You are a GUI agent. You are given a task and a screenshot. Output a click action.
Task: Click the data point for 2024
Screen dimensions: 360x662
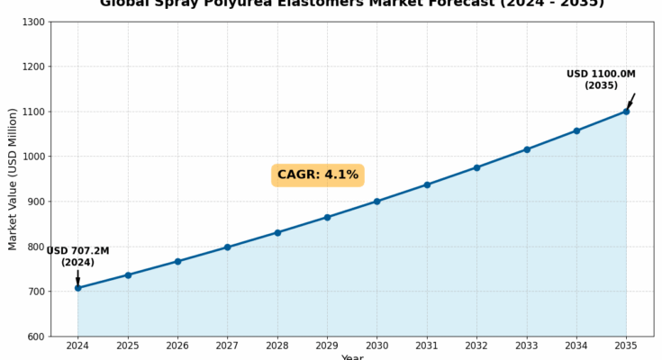(77, 288)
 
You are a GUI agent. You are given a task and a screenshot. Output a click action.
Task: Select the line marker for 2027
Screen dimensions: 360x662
(227, 247)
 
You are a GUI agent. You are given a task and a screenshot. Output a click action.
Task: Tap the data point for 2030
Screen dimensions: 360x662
(376, 202)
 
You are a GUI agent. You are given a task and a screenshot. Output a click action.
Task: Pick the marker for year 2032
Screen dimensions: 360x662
(476, 167)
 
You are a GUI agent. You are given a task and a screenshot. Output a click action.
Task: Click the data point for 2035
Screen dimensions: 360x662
(626, 112)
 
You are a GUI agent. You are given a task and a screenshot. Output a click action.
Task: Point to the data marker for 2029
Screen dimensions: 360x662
(327, 217)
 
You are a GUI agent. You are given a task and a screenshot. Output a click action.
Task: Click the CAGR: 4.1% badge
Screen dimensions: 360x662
(317, 175)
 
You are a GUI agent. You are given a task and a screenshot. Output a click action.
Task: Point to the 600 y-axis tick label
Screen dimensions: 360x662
(35, 337)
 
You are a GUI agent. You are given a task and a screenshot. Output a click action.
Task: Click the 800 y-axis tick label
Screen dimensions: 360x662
(35, 247)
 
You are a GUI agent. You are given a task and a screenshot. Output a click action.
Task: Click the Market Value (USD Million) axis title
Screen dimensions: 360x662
(13, 179)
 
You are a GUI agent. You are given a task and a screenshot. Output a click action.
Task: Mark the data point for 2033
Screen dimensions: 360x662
(527, 149)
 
